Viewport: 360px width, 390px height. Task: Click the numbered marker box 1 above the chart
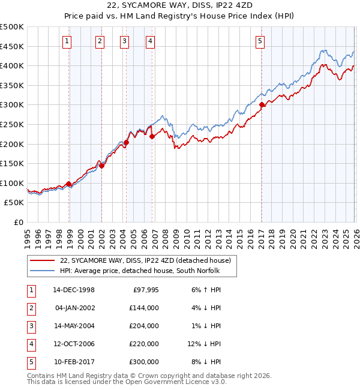[66, 41]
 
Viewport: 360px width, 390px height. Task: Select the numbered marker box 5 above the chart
[260, 41]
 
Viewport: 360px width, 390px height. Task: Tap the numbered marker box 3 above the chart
[124, 41]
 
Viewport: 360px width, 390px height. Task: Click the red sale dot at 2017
[262, 105]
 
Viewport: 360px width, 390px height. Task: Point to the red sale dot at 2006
[152, 136]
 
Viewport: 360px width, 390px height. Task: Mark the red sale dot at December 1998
[69, 184]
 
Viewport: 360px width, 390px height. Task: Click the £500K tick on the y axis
[12, 27]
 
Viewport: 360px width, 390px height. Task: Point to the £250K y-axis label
[12, 124]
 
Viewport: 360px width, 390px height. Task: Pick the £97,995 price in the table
[144, 290]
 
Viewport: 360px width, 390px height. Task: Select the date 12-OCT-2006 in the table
[74, 344]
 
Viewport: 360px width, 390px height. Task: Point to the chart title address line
[179, 7]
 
